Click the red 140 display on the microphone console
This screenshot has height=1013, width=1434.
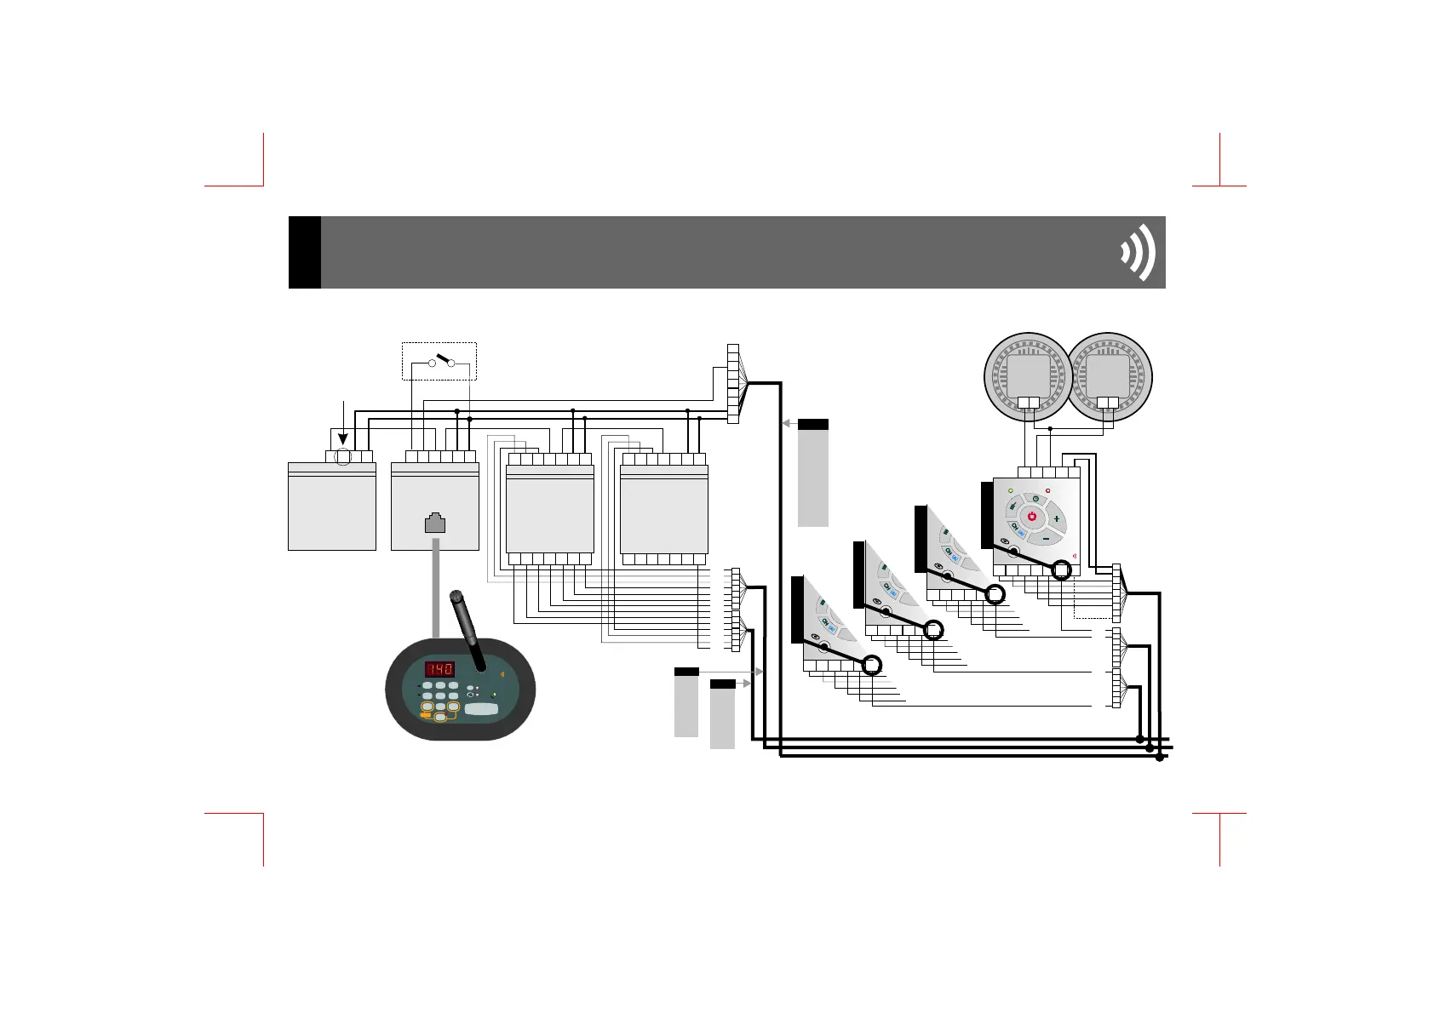pyautogui.click(x=439, y=668)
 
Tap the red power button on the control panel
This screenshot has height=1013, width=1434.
pyautogui.click(x=1031, y=517)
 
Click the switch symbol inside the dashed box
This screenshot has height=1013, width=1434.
pyautogui.click(x=442, y=361)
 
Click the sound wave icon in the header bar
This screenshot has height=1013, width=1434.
pyautogui.click(x=1139, y=253)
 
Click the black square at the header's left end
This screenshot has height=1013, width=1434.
pyautogui.click(x=305, y=253)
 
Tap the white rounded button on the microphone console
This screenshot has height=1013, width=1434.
pyautogui.click(x=482, y=709)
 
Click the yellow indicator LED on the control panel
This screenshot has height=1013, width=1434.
pyautogui.click(x=1011, y=491)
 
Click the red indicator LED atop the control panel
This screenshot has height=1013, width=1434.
pyautogui.click(x=1048, y=491)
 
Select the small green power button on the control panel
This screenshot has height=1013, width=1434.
pyautogui.click(x=1035, y=498)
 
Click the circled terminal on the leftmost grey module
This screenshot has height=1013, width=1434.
pyautogui.click(x=343, y=457)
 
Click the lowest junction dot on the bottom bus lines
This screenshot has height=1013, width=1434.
pyautogui.click(x=1160, y=758)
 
